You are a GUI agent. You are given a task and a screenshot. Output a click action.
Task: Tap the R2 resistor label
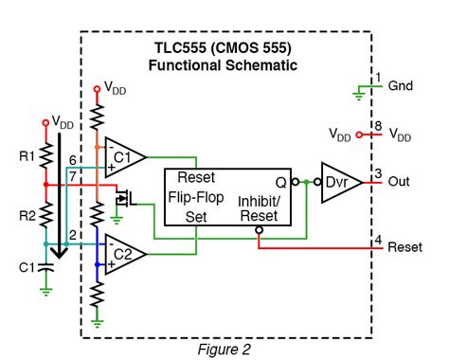coord(27,215)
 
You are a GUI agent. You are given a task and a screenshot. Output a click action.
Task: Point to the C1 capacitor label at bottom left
coord(26,266)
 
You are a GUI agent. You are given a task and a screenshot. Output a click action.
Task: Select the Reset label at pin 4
coord(404,247)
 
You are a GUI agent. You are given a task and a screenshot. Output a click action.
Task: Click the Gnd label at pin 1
coord(400,85)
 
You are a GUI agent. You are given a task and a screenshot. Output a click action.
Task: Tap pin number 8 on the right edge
coord(377,125)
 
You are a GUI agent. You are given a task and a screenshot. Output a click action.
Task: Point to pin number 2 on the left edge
coord(72,234)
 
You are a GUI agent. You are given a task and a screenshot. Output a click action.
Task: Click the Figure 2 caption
coord(224,349)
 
